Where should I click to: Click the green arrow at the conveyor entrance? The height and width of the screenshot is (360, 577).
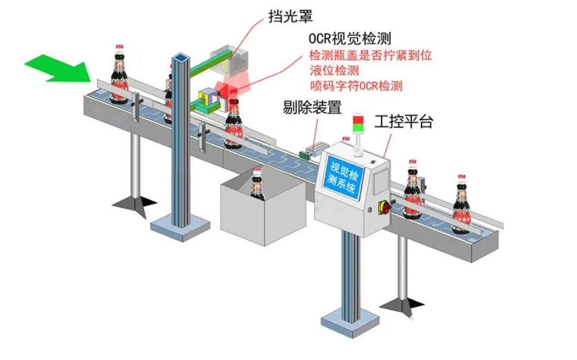(58, 67)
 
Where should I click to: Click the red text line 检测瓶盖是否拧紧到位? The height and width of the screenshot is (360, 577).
(370, 56)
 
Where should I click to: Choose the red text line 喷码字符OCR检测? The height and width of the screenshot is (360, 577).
(356, 85)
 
